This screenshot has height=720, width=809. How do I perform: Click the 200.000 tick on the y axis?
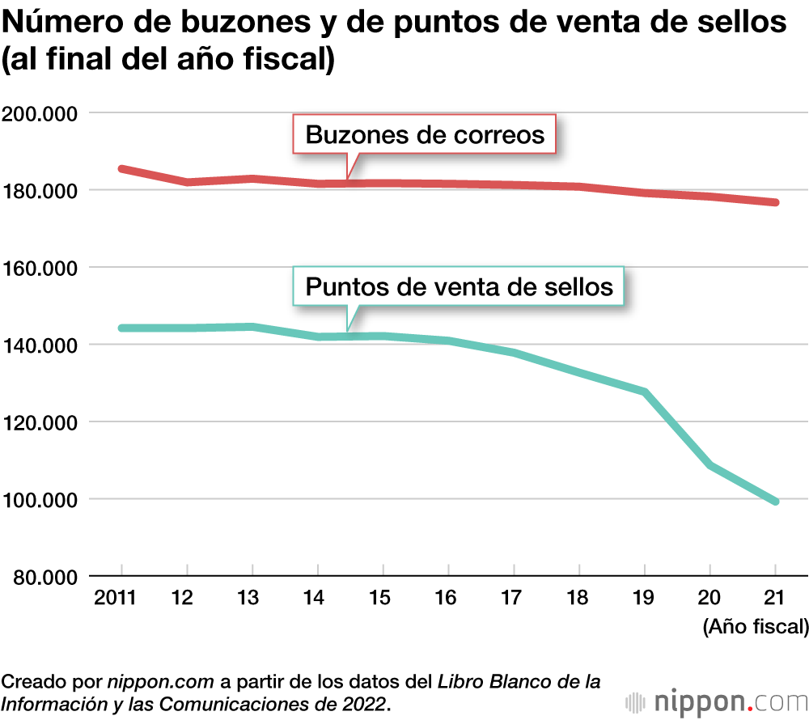pyautogui.click(x=39, y=113)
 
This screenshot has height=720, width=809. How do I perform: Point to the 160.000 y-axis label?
pyautogui.click(x=39, y=268)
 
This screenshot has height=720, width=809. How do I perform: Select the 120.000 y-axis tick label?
pyautogui.click(x=39, y=422)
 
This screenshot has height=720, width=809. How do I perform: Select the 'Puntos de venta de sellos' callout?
pyautogui.click(x=460, y=286)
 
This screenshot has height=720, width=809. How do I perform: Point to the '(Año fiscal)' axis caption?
pyautogui.click(x=756, y=626)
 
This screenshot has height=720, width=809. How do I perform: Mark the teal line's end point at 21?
pyautogui.click(x=775, y=502)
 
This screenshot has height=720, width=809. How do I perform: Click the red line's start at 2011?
pyautogui.click(x=121, y=169)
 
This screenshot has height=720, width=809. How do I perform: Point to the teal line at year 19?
pyautogui.click(x=645, y=392)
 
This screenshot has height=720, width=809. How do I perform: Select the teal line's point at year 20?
pyautogui.click(x=710, y=465)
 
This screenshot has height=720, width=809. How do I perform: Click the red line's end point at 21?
pyautogui.click(x=775, y=202)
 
